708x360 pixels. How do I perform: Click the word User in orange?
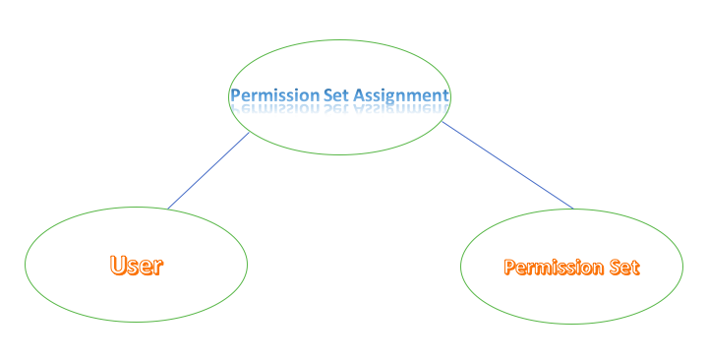(136, 265)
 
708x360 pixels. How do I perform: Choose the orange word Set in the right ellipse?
(624, 267)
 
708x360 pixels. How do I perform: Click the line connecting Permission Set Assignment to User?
(208, 171)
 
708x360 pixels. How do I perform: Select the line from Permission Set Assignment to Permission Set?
(506, 165)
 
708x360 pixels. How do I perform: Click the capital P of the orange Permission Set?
(509, 267)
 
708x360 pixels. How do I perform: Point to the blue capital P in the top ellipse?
(235, 95)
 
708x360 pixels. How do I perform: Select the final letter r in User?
(157, 266)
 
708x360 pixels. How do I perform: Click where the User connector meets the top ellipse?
(251, 133)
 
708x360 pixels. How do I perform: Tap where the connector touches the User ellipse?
(167, 209)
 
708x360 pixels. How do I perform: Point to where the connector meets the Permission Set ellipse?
(572, 209)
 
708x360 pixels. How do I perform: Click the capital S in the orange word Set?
(613, 267)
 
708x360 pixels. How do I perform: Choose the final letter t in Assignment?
(445, 95)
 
